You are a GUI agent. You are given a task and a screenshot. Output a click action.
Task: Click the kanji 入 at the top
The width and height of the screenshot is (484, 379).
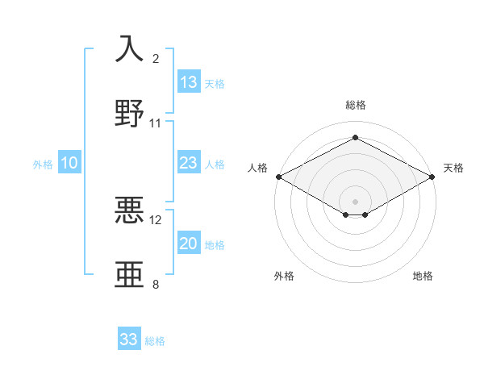(130, 48)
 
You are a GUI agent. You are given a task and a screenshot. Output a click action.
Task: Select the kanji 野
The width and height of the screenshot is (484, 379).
(130, 113)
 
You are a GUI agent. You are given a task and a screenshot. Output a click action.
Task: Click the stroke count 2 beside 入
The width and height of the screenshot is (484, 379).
(156, 59)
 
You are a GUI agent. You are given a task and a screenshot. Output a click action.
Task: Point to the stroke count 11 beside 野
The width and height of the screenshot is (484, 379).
(156, 123)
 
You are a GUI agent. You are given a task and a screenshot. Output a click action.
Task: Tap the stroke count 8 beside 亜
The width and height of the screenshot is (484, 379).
(156, 285)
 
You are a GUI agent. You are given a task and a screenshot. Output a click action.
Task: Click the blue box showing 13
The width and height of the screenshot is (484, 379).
(189, 82)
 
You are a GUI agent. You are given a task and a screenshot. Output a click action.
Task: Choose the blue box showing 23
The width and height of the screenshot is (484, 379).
(189, 163)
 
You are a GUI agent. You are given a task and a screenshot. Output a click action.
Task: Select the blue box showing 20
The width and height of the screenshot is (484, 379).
(189, 244)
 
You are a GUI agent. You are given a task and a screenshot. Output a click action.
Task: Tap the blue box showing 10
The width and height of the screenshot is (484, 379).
(69, 163)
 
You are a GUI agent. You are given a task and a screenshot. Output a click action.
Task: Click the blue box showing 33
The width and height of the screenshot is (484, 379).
(129, 339)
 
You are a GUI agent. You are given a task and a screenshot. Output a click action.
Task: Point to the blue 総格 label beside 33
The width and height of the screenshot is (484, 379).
(155, 341)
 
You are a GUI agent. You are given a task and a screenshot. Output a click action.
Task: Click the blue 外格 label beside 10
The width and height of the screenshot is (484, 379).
(43, 165)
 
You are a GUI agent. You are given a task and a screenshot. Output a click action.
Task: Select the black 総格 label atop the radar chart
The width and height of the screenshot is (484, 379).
(355, 106)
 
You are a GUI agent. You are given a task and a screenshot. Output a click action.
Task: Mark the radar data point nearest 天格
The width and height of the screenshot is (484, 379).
(433, 177)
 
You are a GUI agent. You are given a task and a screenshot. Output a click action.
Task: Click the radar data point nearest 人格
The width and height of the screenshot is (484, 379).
(277, 177)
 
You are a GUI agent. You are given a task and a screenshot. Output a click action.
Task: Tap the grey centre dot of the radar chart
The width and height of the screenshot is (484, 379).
(355, 200)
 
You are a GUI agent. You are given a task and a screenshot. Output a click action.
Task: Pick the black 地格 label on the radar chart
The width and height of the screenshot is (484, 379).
(423, 277)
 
